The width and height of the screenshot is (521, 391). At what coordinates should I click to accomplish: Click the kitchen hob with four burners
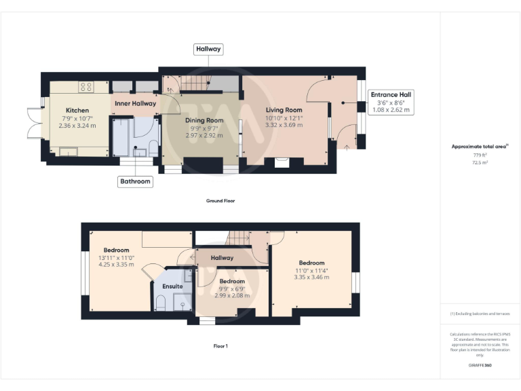coord(86,87)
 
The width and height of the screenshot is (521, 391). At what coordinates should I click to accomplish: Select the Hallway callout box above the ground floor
coord(208,50)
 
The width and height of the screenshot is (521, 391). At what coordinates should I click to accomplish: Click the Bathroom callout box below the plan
coord(135,181)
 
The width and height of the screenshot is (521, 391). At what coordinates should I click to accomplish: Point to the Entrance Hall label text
coord(390,94)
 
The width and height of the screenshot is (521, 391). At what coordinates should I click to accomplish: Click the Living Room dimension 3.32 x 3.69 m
coord(284,125)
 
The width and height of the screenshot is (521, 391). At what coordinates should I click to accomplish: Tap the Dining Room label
coord(204,119)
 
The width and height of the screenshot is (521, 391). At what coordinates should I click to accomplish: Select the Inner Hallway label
coord(135,103)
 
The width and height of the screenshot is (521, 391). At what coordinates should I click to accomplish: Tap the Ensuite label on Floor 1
coord(172,286)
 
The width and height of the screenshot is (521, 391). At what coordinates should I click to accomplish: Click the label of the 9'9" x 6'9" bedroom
coord(231,281)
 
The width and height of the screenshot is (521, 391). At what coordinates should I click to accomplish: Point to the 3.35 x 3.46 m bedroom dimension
coord(311,277)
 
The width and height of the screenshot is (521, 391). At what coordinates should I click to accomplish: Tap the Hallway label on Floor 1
coord(222,258)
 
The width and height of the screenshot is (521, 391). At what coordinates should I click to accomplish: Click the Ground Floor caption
coord(220,201)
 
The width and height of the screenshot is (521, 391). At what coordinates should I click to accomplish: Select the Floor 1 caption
coord(220,346)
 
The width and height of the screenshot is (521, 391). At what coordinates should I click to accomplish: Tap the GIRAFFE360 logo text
coord(480,366)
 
